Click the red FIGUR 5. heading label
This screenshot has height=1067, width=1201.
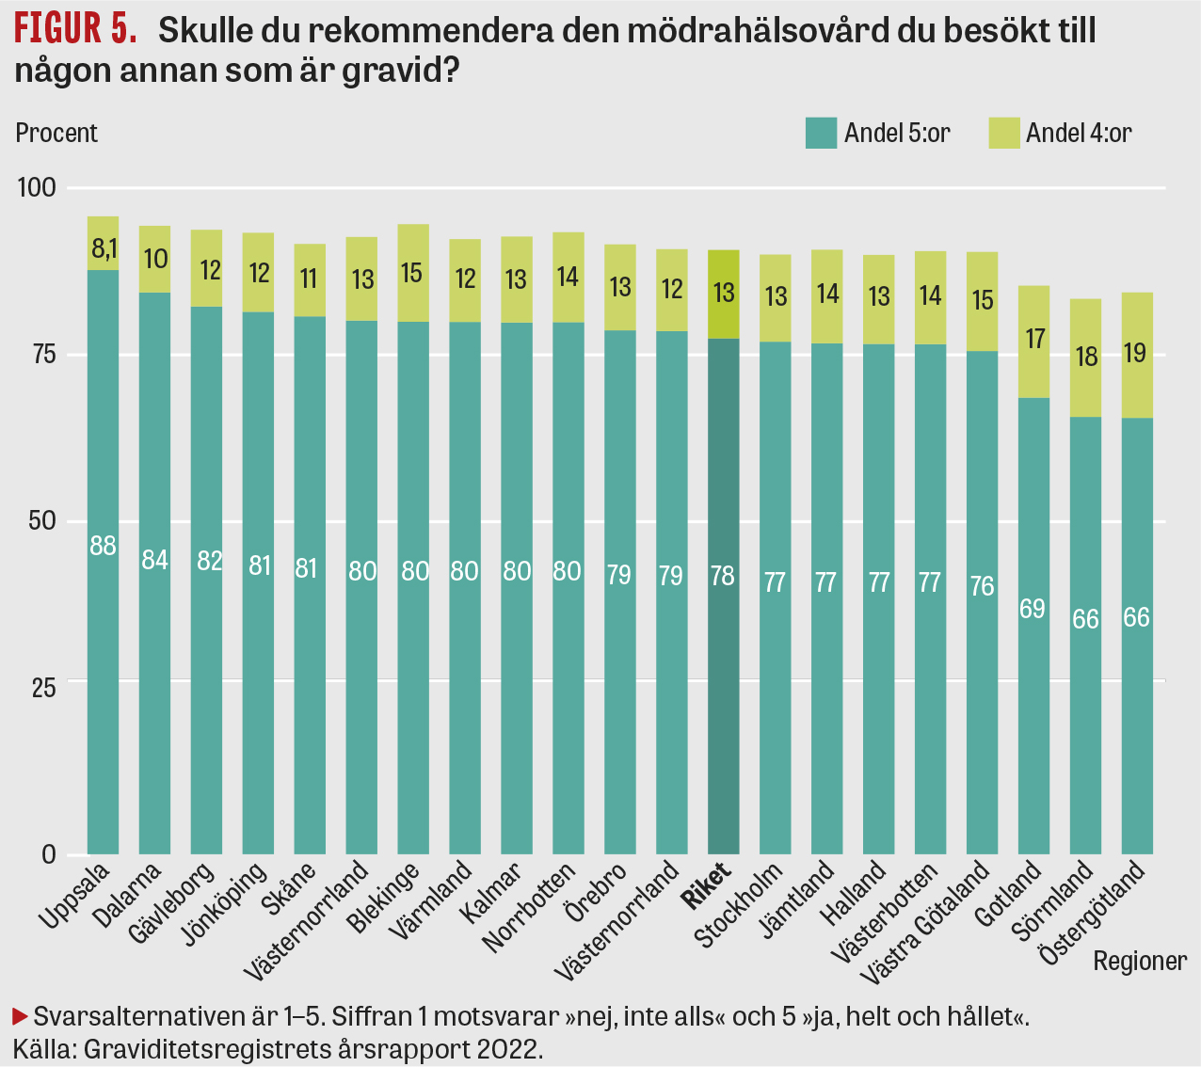[x=76, y=30]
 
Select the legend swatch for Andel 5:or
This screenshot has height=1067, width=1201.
[x=821, y=133]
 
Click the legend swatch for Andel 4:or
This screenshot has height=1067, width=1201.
[x=1004, y=133]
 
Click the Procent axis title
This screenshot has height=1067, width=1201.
[x=56, y=133]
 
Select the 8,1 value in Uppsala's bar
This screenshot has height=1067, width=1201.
[x=103, y=248]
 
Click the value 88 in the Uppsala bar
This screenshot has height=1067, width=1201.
[x=103, y=545]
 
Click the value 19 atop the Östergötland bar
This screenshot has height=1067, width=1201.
[x=1136, y=353]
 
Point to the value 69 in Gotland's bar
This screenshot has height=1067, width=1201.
[x=1033, y=609]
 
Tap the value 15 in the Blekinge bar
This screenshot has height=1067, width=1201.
[x=413, y=273]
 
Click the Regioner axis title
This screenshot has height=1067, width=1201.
[x=1140, y=961]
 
